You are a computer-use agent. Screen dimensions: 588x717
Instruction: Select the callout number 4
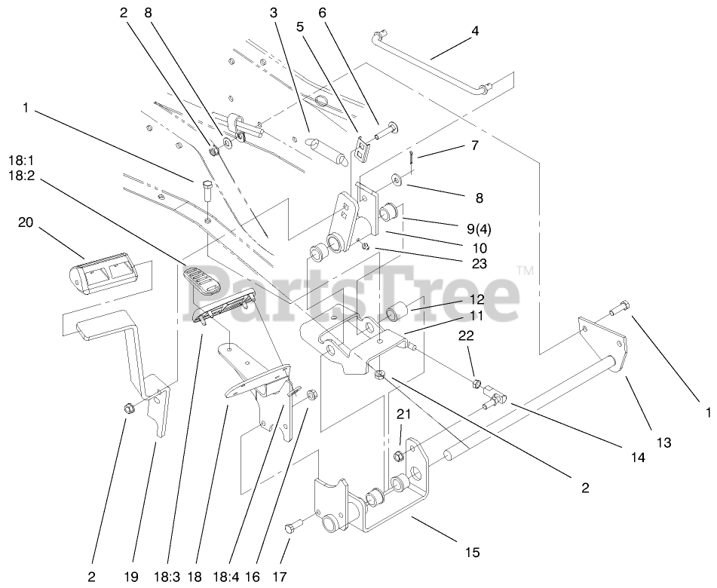click(475, 31)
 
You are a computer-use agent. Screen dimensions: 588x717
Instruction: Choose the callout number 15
click(472, 553)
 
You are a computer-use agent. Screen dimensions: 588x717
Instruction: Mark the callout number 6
click(322, 13)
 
